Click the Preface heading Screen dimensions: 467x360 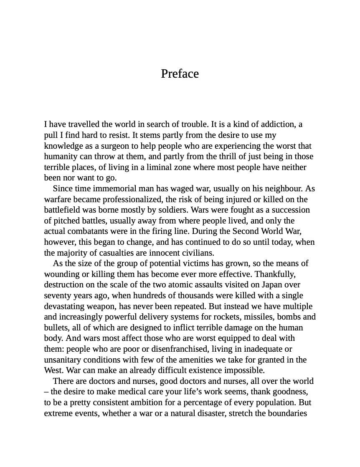tap(180, 74)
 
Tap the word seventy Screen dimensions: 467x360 tap(58, 295)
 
